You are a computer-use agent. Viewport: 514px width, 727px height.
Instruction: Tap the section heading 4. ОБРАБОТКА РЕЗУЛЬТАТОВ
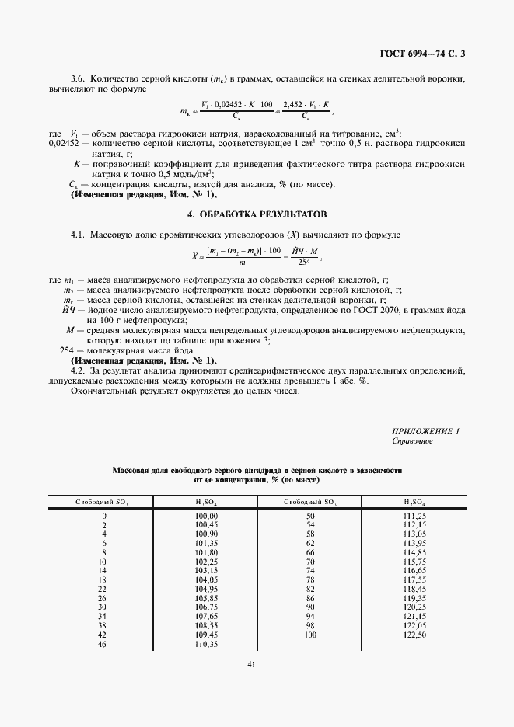pyautogui.click(x=257, y=213)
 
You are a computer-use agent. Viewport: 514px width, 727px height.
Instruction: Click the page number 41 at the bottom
pyautogui.click(x=251, y=664)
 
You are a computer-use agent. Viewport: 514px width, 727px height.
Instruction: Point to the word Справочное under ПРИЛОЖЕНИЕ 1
pyautogui.click(x=413, y=441)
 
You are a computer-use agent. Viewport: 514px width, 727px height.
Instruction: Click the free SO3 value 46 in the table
pyautogui.click(x=103, y=645)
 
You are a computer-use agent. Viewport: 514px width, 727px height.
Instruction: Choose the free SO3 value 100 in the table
pyautogui.click(x=310, y=635)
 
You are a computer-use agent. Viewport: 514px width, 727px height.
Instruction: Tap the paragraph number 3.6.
pyautogui.click(x=78, y=78)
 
